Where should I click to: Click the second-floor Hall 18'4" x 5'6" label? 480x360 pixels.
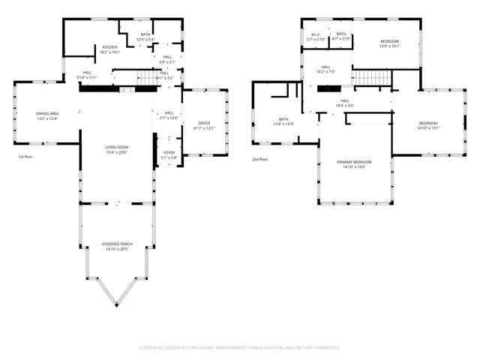pos(344,103)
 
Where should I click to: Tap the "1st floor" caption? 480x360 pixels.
pos(26,157)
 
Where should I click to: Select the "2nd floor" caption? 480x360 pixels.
pos(259,159)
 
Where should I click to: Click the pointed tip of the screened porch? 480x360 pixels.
pos(116,305)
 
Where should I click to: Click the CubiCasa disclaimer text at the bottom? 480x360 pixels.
pos(239,348)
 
